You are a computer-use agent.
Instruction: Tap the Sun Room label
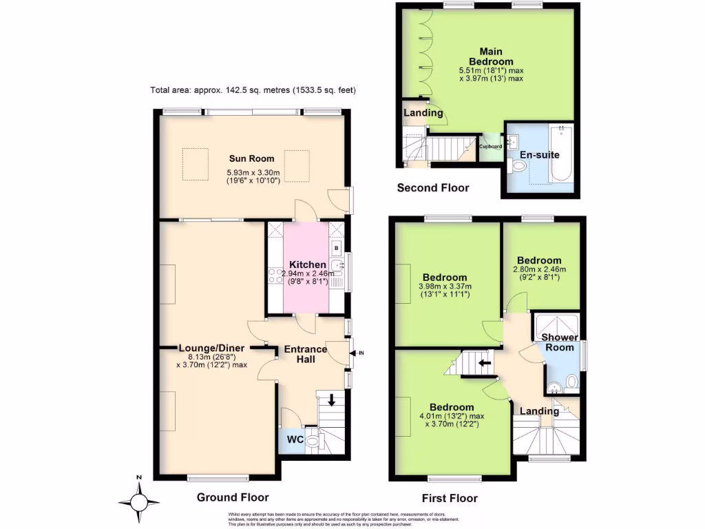(247, 159)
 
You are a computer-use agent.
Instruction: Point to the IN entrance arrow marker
(358, 353)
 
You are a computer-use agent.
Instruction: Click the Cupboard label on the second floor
(490, 146)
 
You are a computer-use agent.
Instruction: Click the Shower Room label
(559, 342)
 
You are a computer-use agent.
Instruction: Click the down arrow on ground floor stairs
(332, 400)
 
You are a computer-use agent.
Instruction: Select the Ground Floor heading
(233, 497)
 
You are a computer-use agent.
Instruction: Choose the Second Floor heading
(433, 187)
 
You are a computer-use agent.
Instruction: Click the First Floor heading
(449, 498)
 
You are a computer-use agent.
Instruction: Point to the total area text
(253, 90)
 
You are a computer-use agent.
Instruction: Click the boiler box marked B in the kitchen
(336, 247)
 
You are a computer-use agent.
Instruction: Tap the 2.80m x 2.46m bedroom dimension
(539, 269)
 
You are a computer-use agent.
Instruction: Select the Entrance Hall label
(306, 354)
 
